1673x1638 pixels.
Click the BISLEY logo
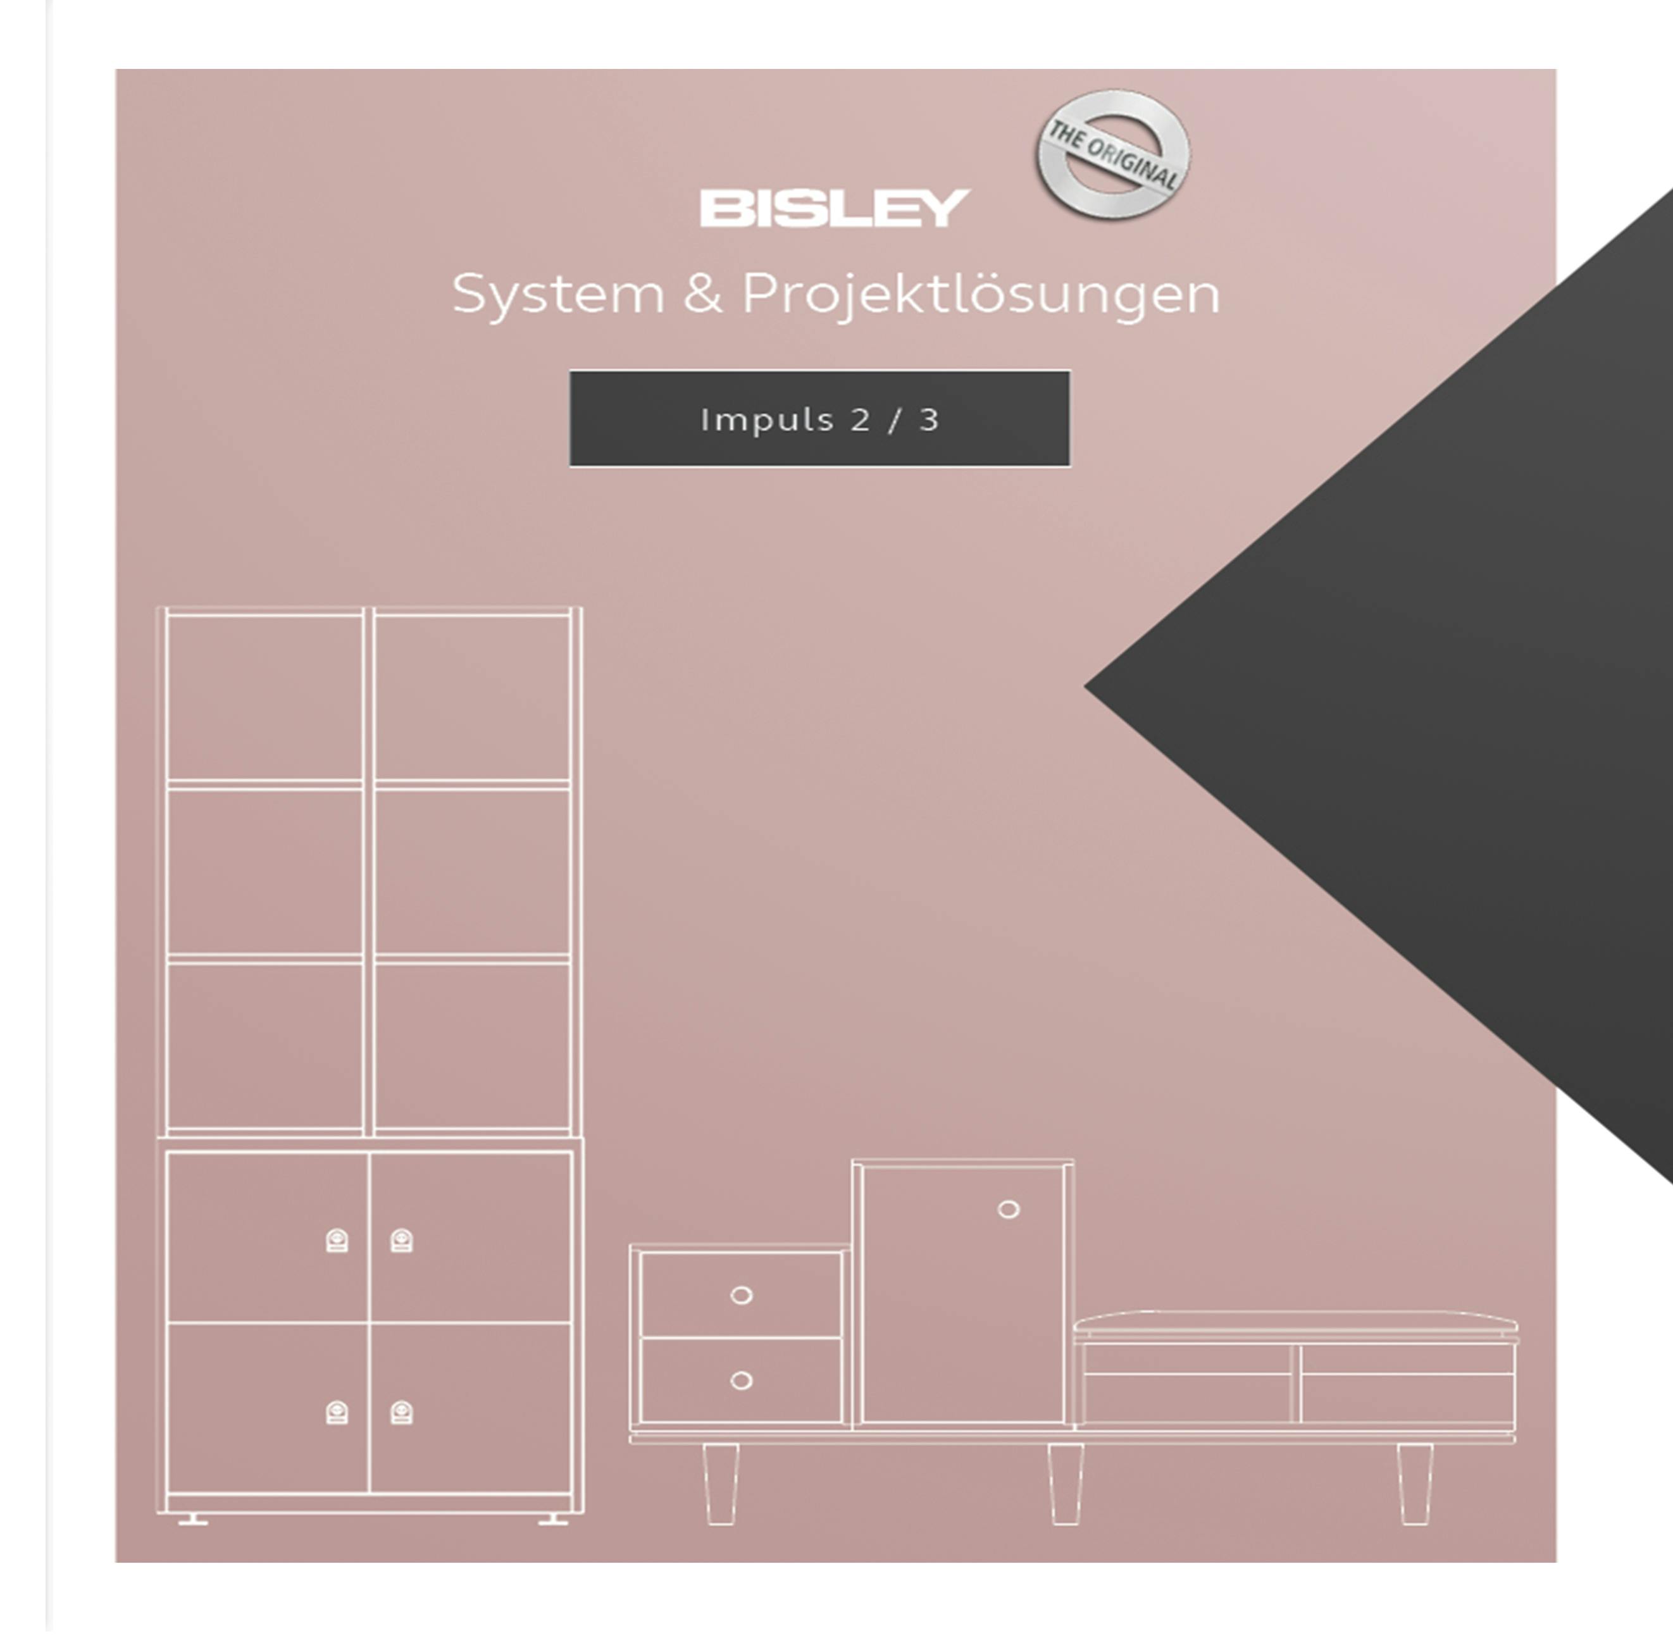[x=834, y=208]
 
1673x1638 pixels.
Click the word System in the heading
[x=557, y=295]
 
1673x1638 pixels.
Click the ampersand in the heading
[x=702, y=294]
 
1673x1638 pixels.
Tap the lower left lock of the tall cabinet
[x=337, y=1413]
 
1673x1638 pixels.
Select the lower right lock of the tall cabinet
[x=401, y=1413]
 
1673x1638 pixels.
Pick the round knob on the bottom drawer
[x=741, y=1381]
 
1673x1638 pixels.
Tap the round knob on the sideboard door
[x=1009, y=1210]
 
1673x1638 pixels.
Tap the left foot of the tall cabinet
[x=193, y=1520]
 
